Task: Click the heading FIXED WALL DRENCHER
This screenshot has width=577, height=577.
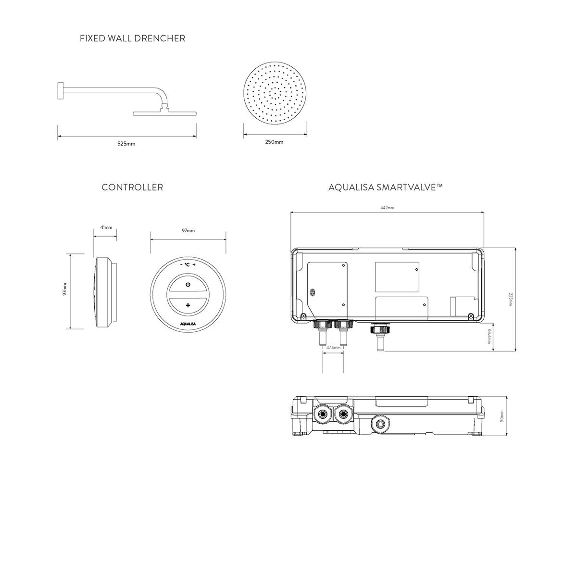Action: [132, 38]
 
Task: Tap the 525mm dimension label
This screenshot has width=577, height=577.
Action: [126, 144]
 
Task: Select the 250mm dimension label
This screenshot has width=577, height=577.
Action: [274, 142]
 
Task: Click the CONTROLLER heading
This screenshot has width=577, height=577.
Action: [132, 188]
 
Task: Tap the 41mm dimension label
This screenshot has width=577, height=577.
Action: [106, 227]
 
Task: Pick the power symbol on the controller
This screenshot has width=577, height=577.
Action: [188, 284]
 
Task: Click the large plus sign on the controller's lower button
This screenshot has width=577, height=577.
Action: [188, 305]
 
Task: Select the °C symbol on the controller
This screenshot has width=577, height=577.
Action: [187, 264]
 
